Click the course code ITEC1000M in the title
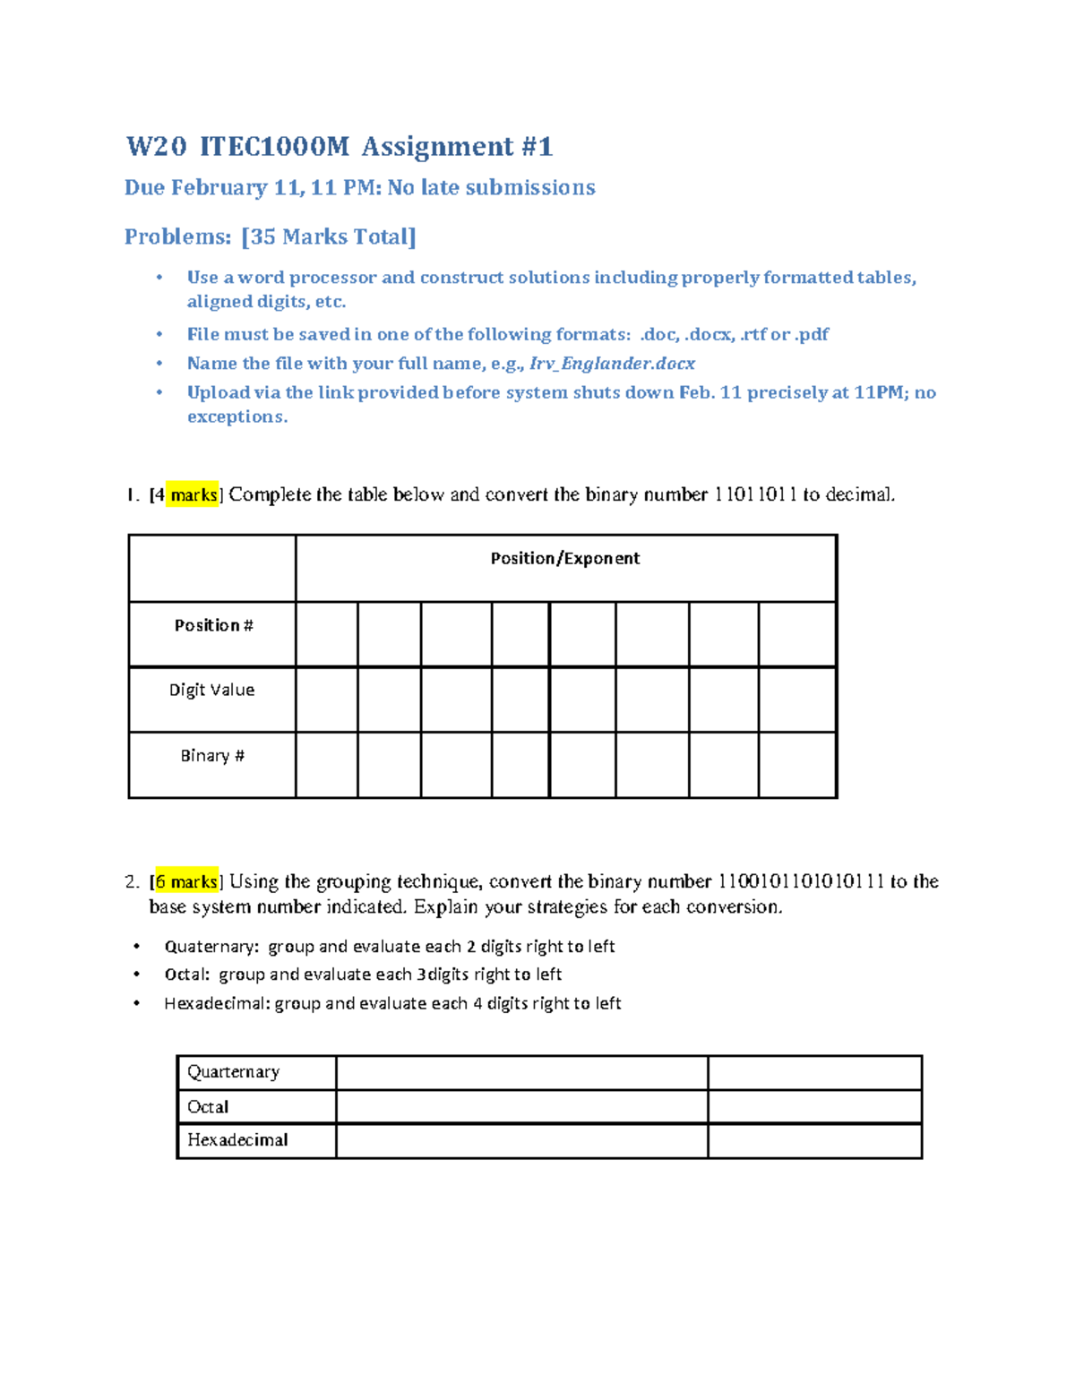[274, 147]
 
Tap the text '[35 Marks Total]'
[329, 237]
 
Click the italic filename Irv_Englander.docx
[612, 364]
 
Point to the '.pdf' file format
[812, 335]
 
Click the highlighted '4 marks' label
[186, 495]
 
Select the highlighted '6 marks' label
[186, 882]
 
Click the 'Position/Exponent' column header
[564, 559]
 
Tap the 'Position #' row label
[213, 626]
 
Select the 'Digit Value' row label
[211, 691]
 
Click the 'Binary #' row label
[212, 756]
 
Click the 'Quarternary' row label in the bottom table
[233, 1072]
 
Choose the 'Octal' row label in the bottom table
[208, 1107]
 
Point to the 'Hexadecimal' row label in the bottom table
[237, 1140]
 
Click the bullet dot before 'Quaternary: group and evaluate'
[137, 948]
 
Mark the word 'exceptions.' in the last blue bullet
[237, 417]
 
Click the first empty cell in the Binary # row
[327, 765]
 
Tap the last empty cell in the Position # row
[797, 634]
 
